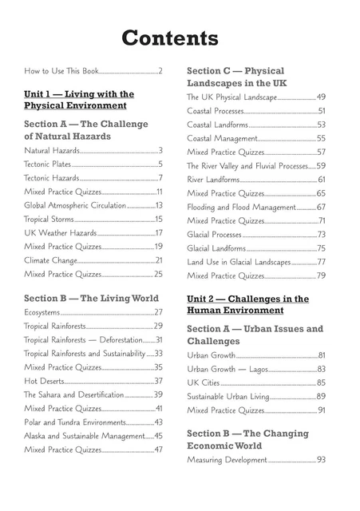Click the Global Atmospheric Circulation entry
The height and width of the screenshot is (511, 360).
point(75,206)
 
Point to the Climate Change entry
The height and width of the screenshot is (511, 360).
point(50,260)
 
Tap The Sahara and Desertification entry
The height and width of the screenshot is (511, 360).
point(73,395)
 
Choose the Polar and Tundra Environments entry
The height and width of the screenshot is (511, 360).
point(75,422)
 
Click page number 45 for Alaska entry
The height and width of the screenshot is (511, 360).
point(158,436)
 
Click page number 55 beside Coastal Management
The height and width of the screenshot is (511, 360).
point(321,138)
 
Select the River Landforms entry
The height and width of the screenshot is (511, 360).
point(213,180)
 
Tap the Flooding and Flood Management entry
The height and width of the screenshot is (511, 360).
point(240,207)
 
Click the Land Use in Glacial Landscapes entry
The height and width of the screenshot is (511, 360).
point(239,262)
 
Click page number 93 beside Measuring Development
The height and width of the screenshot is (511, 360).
point(321,461)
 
